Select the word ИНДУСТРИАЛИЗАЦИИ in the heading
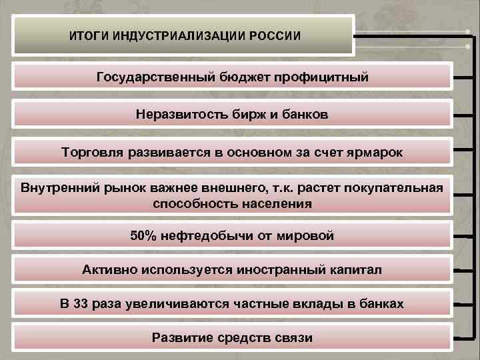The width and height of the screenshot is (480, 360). [x=176, y=35]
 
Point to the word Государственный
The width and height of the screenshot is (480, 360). [x=153, y=78]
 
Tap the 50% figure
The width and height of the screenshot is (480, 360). [x=145, y=235]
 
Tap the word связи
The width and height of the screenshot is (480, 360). [x=291, y=337]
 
